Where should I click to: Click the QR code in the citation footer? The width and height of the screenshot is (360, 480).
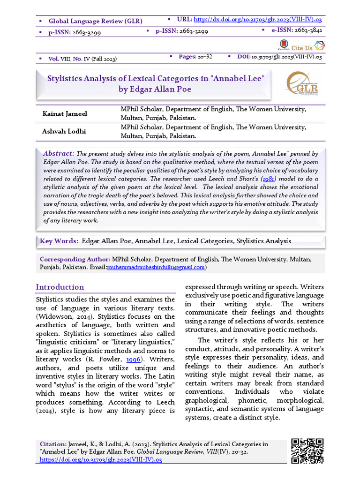pos(307,450)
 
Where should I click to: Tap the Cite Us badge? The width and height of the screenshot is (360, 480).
pos(302,48)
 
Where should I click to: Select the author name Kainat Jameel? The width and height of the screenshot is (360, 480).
pos(65,114)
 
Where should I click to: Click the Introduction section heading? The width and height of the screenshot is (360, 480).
pos(60,287)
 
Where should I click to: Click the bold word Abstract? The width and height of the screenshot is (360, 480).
pos(58,154)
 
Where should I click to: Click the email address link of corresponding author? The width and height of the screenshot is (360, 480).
pos(156,267)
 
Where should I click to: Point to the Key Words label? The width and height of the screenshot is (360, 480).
pos(59,241)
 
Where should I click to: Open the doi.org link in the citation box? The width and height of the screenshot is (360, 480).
pos(101,460)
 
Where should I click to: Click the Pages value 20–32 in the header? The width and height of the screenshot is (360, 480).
pos(205,57)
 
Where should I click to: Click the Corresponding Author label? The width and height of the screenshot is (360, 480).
pos(75,259)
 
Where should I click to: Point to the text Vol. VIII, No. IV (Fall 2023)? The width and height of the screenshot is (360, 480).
pos(82,59)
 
